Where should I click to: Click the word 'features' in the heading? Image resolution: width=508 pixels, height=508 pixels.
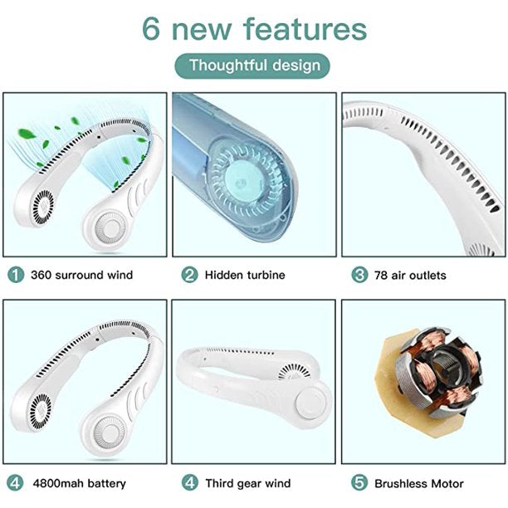pos(304,28)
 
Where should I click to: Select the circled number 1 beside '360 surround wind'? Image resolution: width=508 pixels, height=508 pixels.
pos(15,274)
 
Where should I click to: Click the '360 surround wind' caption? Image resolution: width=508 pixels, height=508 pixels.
pos(81,274)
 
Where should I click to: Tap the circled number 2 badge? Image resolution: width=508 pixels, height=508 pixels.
pos(189,274)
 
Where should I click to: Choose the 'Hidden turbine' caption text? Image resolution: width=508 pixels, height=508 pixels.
pos(245,274)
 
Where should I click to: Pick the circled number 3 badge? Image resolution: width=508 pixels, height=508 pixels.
pos(359,275)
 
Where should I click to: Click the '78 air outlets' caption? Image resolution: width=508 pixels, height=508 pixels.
pos(409,275)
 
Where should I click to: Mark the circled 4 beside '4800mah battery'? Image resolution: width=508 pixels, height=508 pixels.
pos(15,482)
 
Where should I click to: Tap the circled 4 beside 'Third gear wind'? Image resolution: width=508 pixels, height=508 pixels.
pos(189,482)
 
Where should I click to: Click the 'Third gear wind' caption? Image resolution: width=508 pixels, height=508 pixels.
pos(249,482)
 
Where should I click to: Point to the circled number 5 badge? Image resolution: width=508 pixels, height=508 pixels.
pos(359,482)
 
